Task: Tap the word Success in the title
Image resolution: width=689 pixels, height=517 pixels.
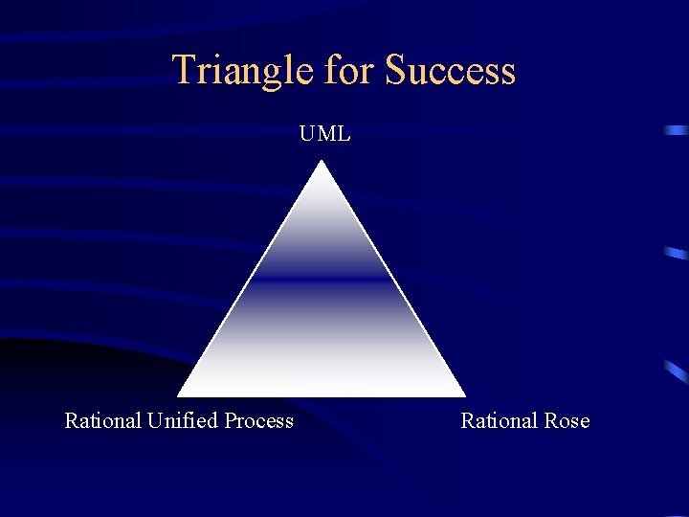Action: tap(450, 71)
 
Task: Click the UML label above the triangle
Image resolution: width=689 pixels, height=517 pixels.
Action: tap(324, 134)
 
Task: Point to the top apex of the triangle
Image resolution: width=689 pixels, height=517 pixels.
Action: tap(323, 162)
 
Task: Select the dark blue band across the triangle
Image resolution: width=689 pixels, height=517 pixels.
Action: tap(322, 280)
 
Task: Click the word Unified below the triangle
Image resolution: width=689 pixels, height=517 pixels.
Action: tap(182, 420)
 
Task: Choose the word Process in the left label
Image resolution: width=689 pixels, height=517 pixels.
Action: tap(258, 421)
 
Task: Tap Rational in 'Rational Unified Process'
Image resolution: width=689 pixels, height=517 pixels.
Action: tap(102, 421)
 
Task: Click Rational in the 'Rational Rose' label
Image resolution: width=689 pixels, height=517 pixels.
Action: tap(499, 421)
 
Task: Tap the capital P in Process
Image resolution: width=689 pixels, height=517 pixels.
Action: tap(231, 421)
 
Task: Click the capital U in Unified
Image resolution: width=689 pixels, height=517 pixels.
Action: tap(155, 421)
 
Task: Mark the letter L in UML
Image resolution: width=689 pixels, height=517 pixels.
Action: tap(344, 134)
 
